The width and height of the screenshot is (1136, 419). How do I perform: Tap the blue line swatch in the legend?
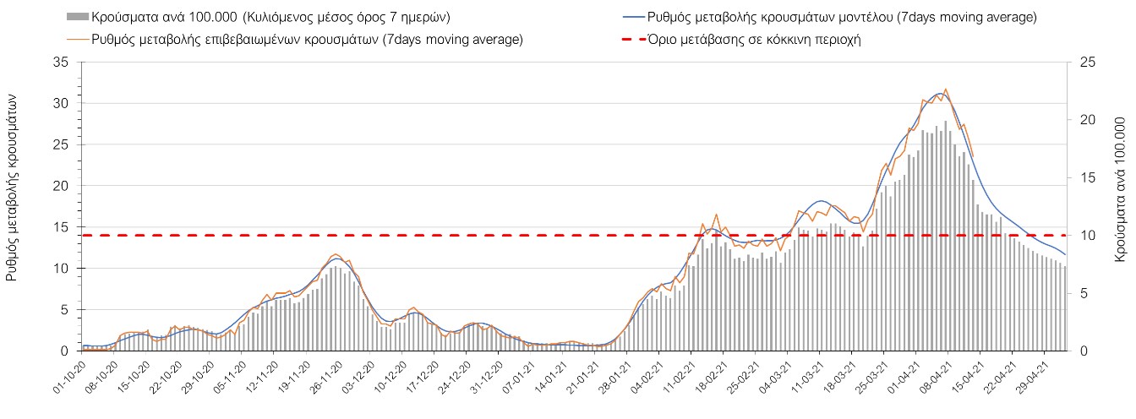pyautogui.click(x=629, y=17)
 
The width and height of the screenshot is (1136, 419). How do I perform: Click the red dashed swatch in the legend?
pyautogui.click(x=629, y=40)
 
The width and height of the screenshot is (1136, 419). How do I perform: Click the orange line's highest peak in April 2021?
pyautogui.click(x=945, y=89)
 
